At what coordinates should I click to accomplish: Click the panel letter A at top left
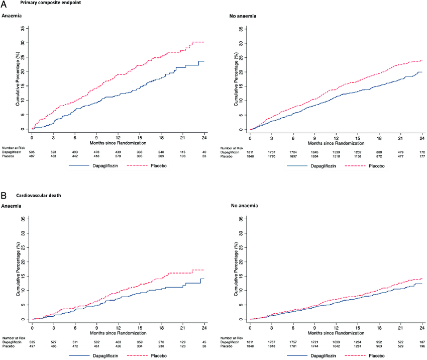pos(5,5)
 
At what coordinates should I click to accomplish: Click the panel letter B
pos(4,195)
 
